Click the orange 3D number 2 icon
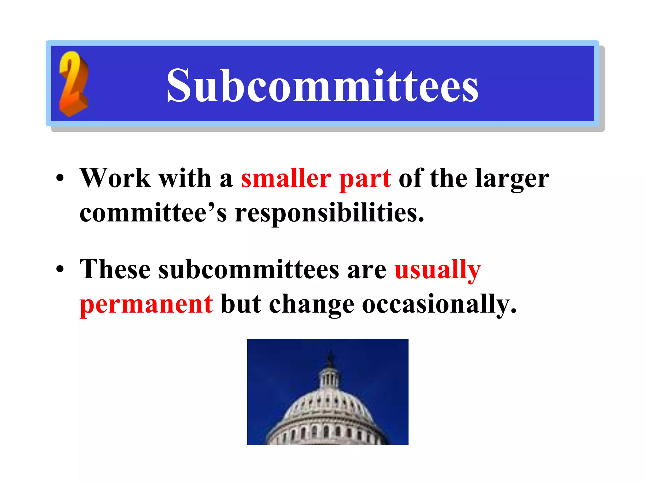tap(73, 84)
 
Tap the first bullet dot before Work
tap(60, 179)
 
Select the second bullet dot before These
tap(60, 270)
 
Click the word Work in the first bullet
tap(115, 178)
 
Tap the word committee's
tap(153, 213)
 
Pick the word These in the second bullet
tap(115, 269)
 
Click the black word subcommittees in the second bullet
tap(249, 270)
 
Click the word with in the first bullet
tap(185, 178)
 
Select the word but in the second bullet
tap(241, 304)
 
